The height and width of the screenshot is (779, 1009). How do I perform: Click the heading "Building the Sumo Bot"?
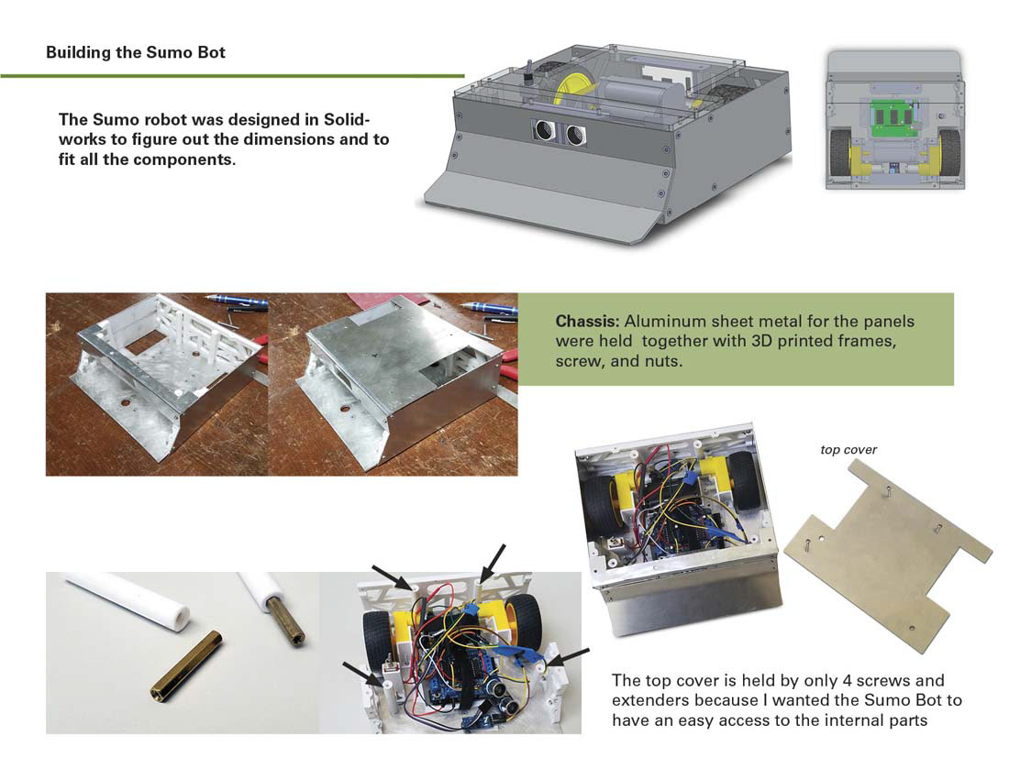[x=136, y=52]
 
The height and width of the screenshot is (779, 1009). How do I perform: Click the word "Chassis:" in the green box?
[x=584, y=323]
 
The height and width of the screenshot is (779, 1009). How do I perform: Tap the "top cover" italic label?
[x=848, y=450]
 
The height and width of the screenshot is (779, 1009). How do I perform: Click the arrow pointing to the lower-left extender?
[x=359, y=671]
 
